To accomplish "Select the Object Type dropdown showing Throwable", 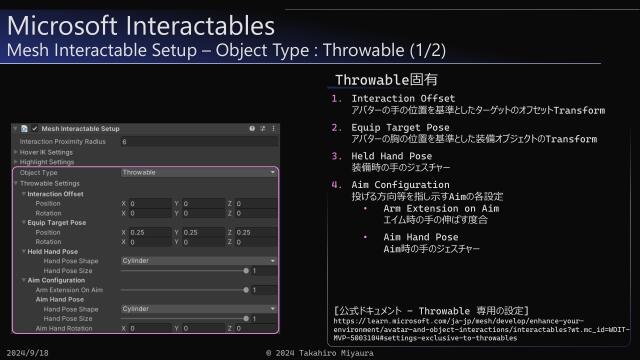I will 198,172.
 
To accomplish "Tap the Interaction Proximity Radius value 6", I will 124,142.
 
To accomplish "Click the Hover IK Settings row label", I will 47,152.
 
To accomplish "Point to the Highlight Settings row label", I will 48,162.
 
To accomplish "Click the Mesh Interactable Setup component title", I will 81,129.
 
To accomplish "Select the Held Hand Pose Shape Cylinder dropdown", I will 198,259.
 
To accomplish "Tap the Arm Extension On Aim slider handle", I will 246,289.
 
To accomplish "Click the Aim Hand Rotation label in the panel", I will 67,328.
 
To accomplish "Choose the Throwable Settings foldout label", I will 50,183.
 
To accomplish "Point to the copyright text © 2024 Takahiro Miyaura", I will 319,353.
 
